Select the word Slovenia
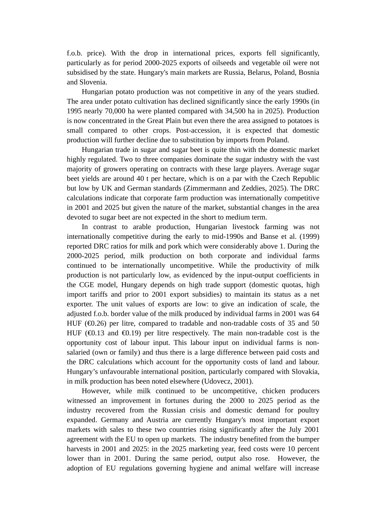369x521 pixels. (93, 82)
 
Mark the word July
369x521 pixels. (295, 430)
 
